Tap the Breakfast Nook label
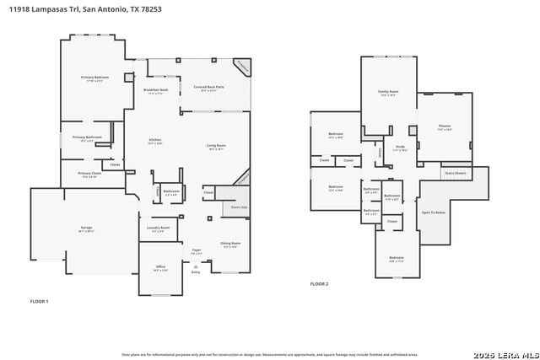point(156,90)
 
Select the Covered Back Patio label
point(208,87)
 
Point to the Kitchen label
point(155,140)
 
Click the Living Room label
point(216,146)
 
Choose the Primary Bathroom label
point(87,137)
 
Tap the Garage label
point(86,228)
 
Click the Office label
point(160,267)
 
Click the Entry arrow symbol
point(196,266)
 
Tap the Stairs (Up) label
point(239,206)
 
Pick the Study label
point(401,147)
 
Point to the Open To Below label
point(433,212)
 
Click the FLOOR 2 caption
point(320,284)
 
